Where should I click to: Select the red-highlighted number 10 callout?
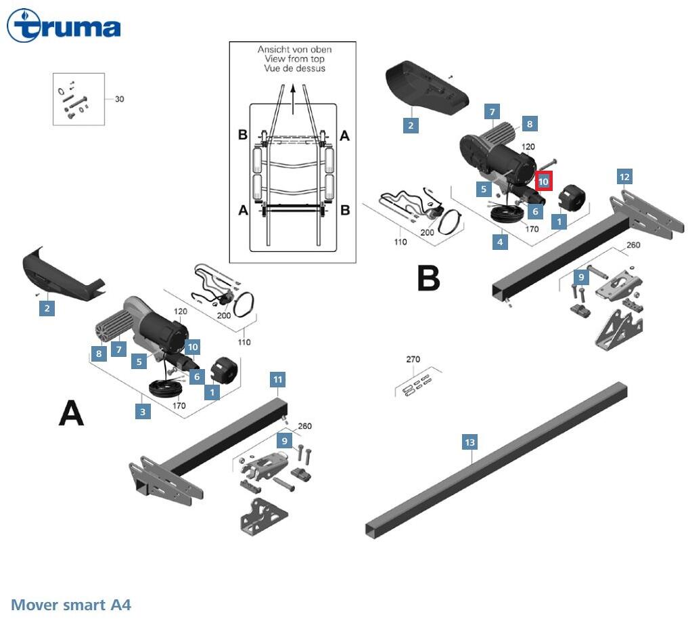tap(543, 182)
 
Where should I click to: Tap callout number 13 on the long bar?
tap(469, 442)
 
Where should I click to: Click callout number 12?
tap(624, 177)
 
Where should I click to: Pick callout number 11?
tap(277, 379)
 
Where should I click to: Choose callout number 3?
tap(142, 410)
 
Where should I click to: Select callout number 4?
tap(500, 241)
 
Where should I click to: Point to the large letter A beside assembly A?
tap(72, 412)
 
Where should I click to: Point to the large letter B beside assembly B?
tap(428, 277)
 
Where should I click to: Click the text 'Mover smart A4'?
tap(71, 604)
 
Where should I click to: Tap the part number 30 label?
tap(119, 99)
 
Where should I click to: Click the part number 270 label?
tap(413, 360)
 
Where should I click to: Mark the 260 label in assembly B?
tap(633, 244)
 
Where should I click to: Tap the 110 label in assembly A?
tap(244, 342)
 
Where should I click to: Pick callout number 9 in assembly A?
tap(285, 440)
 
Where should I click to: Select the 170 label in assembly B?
tap(532, 229)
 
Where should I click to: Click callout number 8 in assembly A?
tap(99, 353)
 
